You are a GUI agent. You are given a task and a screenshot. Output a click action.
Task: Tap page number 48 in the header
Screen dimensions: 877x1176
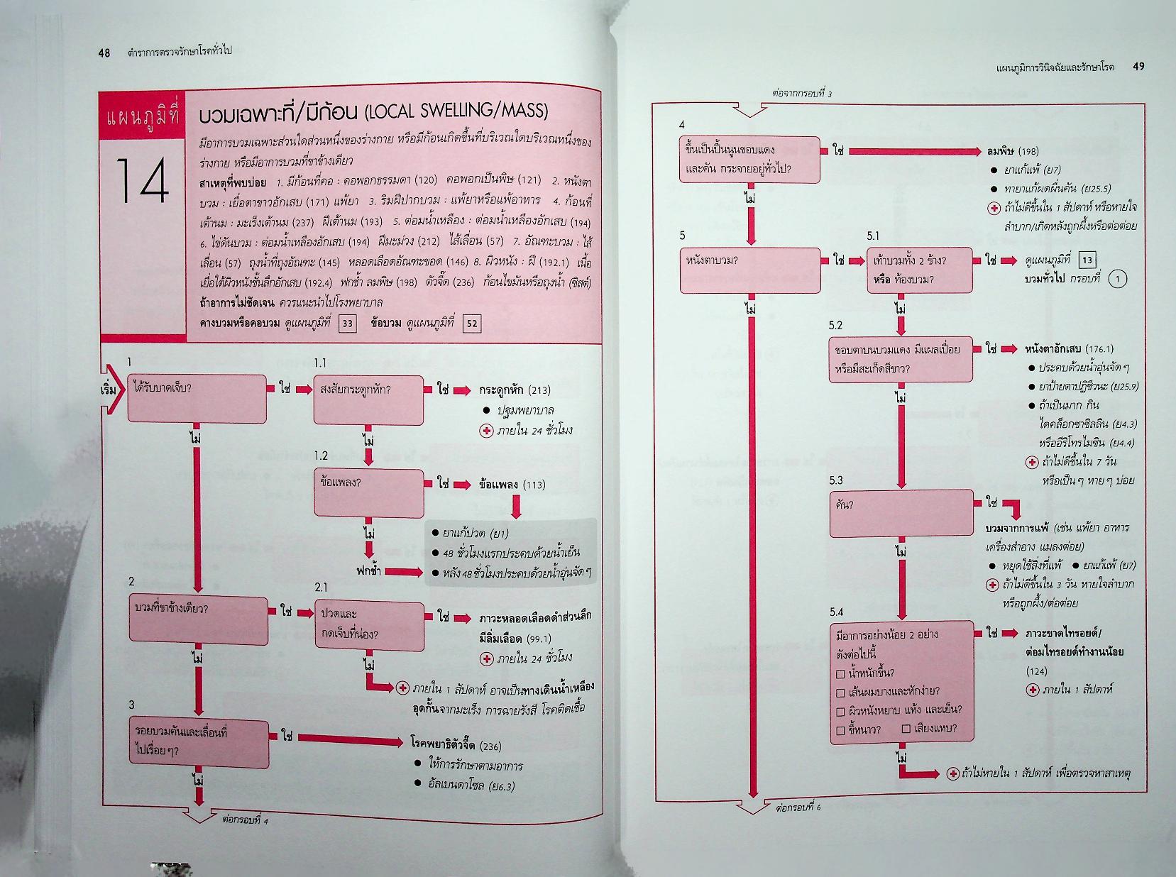[x=104, y=53]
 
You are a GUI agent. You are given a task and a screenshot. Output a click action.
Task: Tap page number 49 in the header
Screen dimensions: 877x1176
[x=1138, y=67]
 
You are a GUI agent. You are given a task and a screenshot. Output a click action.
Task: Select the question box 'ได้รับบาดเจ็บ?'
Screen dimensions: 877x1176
[x=197, y=397]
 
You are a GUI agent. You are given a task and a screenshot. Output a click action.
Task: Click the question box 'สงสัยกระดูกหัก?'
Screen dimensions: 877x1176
[x=368, y=398]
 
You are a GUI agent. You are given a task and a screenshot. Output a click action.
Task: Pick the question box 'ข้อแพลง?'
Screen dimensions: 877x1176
[x=368, y=492]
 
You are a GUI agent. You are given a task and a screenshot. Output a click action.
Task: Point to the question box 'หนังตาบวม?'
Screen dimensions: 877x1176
[x=749, y=270]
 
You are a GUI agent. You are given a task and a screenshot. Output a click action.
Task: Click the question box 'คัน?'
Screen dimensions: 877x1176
[x=901, y=512]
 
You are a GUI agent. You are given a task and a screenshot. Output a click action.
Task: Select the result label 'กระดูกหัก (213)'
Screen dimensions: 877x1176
[x=515, y=390]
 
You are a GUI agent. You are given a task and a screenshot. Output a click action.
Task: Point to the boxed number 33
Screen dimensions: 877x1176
[x=347, y=324]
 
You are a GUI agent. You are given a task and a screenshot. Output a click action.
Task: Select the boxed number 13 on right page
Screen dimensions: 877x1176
[x=1085, y=260]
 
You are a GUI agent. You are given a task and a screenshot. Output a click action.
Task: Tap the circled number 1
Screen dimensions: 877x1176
[x=1117, y=279]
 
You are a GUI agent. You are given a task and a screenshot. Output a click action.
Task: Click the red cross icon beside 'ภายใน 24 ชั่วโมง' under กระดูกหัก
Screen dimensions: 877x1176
[x=486, y=431]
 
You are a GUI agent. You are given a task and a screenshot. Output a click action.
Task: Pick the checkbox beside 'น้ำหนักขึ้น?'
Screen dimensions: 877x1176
[x=840, y=673]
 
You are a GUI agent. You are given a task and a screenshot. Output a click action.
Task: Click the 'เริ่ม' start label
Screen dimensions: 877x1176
[x=109, y=390]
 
